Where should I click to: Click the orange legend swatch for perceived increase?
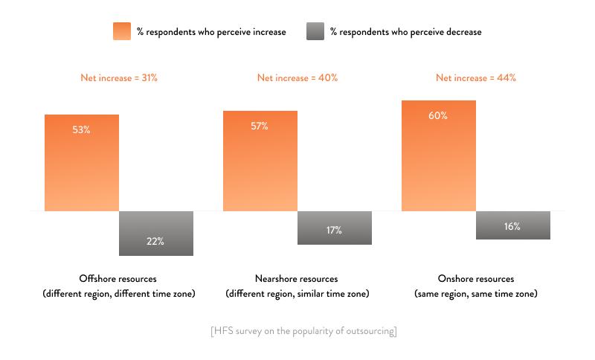pyautogui.click(x=122, y=31)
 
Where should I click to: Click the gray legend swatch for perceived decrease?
pyautogui.click(x=315, y=31)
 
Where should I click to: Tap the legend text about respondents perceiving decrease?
pyautogui.click(x=405, y=32)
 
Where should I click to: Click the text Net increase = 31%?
pyautogui.click(x=119, y=78)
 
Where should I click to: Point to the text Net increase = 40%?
pyautogui.click(x=297, y=78)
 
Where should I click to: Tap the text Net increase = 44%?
pyautogui.click(x=476, y=78)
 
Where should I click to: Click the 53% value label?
pyautogui.click(x=81, y=130)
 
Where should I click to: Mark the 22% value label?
pyautogui.click(x=155, y=241)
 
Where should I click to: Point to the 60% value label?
pyautogui.click(x=437, y=115)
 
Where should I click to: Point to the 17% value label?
pyautogui.click(x=334, y=231)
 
